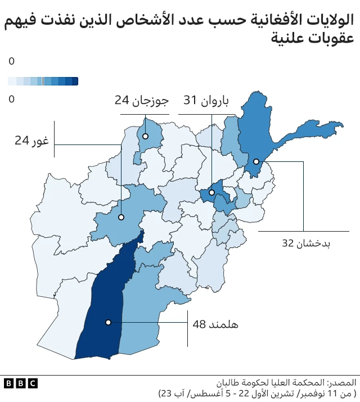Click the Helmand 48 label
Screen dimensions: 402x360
(215, 324)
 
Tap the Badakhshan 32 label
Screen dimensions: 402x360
(306, 243)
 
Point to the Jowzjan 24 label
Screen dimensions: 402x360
(141, 101)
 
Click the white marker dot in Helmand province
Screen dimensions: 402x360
(108, 322)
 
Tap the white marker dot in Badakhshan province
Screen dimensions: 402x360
(256, 161)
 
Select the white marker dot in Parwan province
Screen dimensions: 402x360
(211, 192)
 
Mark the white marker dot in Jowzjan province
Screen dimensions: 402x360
(145, 136)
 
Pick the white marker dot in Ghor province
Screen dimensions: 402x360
(121, 217)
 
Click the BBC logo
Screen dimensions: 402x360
(21, 383)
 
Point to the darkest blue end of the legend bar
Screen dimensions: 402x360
(75, 82)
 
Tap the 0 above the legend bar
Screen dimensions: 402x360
(11, 61)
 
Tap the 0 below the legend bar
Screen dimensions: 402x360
(11, 100)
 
